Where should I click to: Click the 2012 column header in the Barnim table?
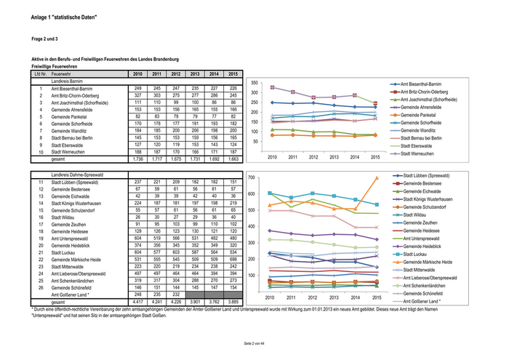(x=175, y=73)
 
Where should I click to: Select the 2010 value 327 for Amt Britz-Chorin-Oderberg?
(x=137, y=95)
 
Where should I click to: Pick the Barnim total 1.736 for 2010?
(x=137, y=159)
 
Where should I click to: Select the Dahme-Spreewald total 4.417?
(x=137, y=300)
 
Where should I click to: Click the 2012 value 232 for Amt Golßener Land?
(x=175, y=293)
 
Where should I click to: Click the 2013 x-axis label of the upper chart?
(x=334, y=157)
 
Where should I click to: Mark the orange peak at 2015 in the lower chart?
(x=376, y=177)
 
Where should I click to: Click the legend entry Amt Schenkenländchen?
(x=429, y=285)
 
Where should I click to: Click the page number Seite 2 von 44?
(x=254, y=342)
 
